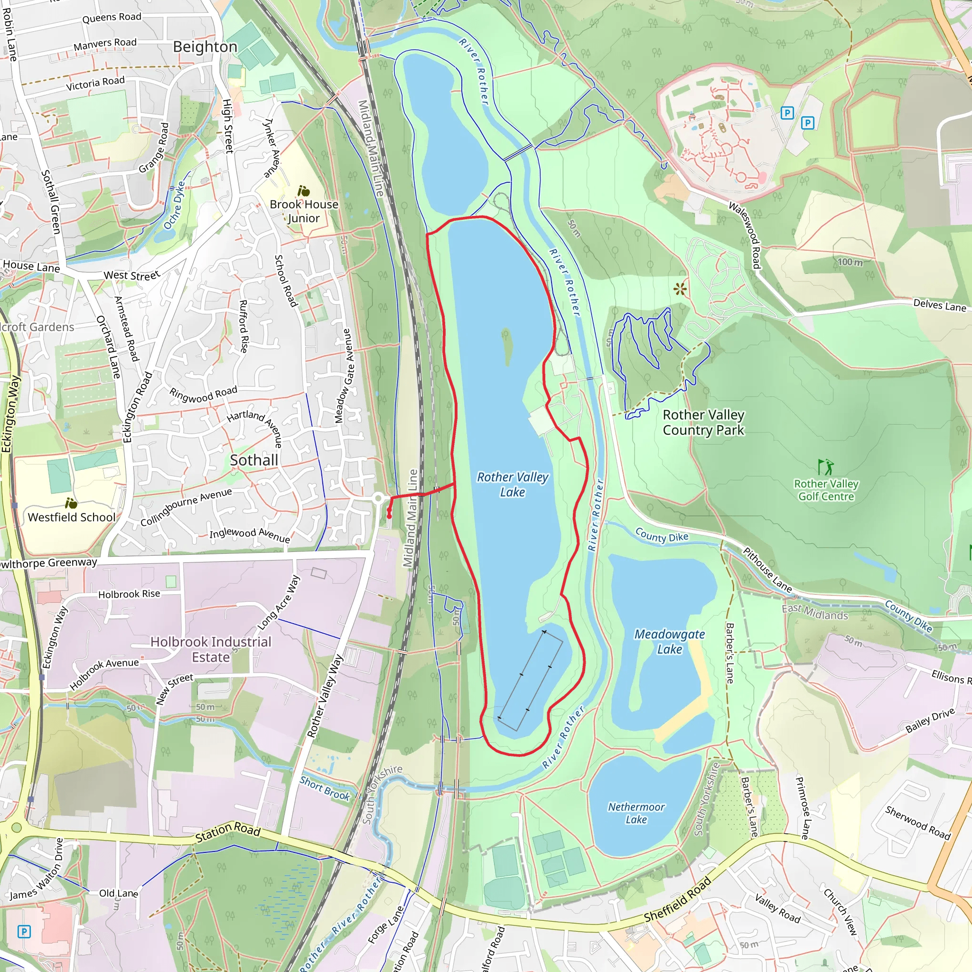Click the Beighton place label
(x=205, y=47)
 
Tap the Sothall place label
(x=253, y=460)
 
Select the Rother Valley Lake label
(x=512, y=484)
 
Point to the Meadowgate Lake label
(x=669, y=642)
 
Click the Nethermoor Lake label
(x=636, y=813)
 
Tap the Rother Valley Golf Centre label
(x=826, y=490)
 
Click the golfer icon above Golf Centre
(x=825, y=467)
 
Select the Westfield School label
(x=72, y=517)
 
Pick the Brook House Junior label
(x=304, y=211)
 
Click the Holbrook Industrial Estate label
(x=211, y=650)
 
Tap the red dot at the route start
(x=389, y=516)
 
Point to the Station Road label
(x=227, y=832)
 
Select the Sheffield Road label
(x=677, y=899)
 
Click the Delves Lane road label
(x=939, y=305)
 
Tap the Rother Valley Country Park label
(x=703, y=422)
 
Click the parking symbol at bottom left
(x=24, y=932)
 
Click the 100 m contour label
(x=850, y=262)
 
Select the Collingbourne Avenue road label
(x=186, y=506)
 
